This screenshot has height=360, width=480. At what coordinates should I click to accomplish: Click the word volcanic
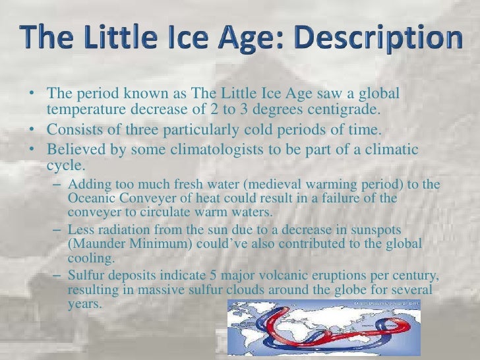[x=297, y=276]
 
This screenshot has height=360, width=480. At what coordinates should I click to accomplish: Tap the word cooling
[x=90, y=258]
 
